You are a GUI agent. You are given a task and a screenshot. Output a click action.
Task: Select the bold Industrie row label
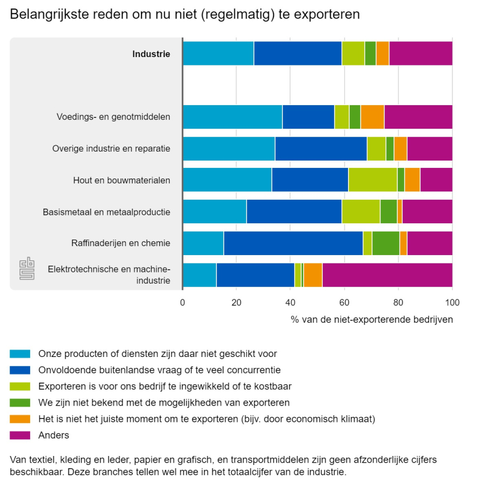pos(151,54)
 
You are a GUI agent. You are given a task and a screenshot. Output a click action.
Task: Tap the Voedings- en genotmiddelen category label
pos(113,117)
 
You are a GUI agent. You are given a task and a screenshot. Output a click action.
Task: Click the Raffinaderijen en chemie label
pos(121,243)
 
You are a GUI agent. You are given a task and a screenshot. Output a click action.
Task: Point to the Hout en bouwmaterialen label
pos(121,180)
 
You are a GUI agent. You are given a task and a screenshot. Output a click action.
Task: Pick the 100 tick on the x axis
pos(452,303)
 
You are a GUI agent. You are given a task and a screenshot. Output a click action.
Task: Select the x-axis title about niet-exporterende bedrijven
pos(372,319)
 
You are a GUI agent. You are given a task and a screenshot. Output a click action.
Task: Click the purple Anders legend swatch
pos(20,435)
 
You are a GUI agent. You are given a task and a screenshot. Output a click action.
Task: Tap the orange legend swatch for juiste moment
pos(20,419)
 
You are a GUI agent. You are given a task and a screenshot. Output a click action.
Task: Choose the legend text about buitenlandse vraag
pos(159,370)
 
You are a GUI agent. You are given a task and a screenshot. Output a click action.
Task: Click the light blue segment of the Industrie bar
pos(218,53)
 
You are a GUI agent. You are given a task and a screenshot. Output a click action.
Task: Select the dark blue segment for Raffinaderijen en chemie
pos(293,243)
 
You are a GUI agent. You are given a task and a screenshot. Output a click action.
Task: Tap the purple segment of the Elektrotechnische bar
pos(387,275)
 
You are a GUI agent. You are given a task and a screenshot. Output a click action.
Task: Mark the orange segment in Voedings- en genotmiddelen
pos(372,117)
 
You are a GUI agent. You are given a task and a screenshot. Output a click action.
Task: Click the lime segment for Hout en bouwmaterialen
pos(373,180)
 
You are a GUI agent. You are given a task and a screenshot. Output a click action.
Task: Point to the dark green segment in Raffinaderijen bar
pos(385,243)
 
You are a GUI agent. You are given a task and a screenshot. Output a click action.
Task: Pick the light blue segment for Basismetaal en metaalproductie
pos(214,211)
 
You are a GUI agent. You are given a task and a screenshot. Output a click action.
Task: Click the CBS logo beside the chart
pos(27,269)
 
